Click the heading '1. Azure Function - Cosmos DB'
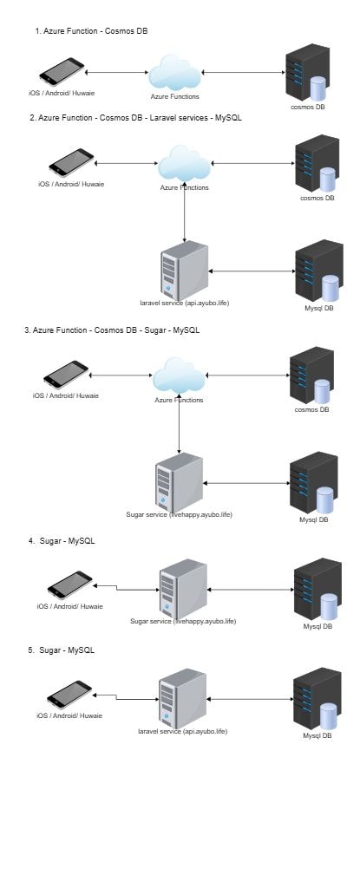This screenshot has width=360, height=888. tap(91, 31)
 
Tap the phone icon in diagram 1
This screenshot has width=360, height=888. tap(62, 71)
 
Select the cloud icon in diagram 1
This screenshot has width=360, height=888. tap(174, 72)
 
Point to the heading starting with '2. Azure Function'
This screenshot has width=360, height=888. tap(135, 118)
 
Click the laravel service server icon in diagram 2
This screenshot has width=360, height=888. tap(184, 271)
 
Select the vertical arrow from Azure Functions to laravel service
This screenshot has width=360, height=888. tap(184, 211)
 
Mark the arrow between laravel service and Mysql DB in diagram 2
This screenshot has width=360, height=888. tap(252, 271)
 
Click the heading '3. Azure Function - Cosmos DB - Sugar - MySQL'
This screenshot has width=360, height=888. tap(112, 330)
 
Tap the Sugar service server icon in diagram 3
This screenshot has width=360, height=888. tap(179, 481)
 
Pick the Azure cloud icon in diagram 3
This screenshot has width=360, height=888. tap(180, 375)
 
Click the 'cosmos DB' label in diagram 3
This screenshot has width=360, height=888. tap(311, 409)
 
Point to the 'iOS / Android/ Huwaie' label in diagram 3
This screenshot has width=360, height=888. tap(66, 395)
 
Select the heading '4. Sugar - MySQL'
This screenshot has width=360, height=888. tap(62, 541)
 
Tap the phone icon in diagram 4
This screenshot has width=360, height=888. tap(69, 585)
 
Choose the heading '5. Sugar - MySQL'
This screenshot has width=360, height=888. tap(62, 650)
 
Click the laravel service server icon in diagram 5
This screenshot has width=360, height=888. tap(182, 698)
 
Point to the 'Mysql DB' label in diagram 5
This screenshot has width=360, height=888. tap(317, 735)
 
